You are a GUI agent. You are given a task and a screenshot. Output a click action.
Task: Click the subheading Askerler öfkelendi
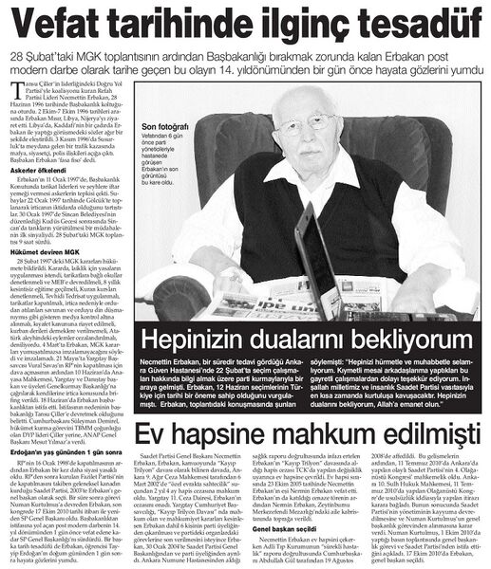(35, 193)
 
